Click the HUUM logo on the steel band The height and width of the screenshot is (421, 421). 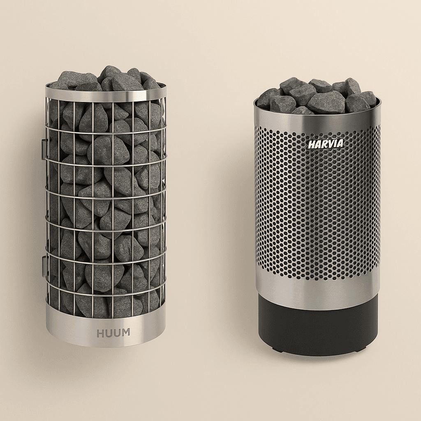click(113, 333)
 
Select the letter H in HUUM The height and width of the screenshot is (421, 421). click(100, 333)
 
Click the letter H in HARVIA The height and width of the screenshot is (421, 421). click(312, 144)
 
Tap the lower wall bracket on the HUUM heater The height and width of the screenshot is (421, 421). click(44, 266)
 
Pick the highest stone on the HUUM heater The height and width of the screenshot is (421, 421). click(110, 72)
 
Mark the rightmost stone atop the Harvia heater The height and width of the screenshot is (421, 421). click(369, 98)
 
